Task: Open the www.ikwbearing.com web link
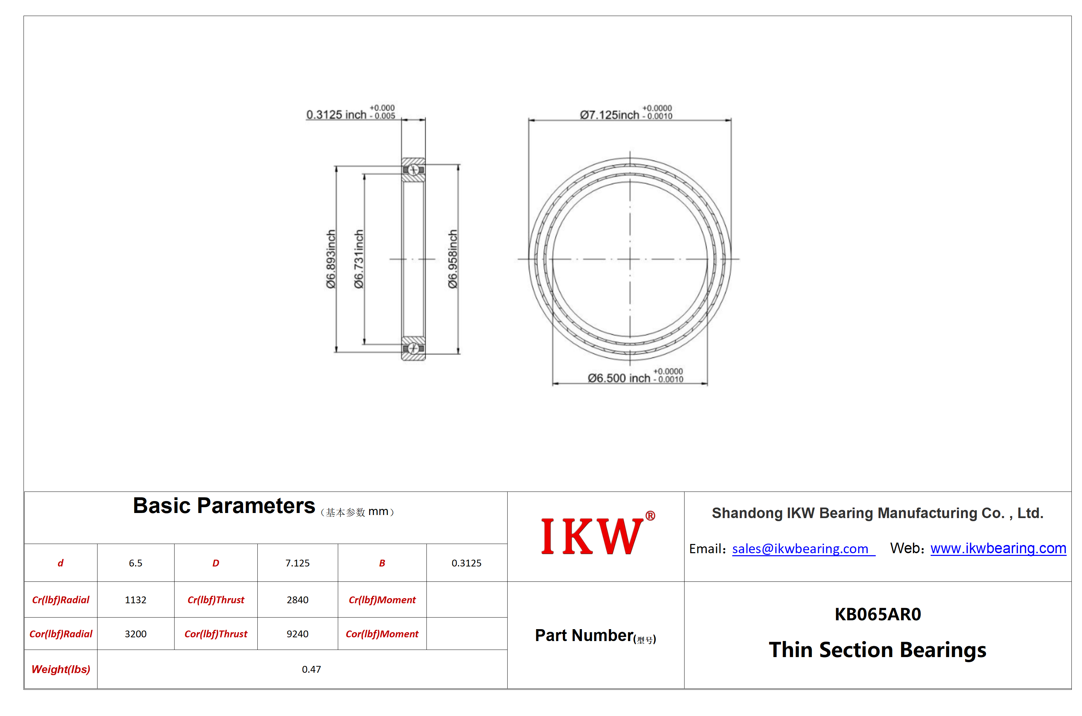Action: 998,548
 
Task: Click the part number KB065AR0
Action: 877,614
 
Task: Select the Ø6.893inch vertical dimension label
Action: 331,259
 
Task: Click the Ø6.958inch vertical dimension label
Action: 452,259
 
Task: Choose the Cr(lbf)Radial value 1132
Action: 136,600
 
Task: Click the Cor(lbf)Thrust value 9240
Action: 298,634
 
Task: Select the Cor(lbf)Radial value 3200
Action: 136,634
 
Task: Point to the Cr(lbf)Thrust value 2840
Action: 298,600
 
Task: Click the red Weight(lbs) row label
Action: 61,669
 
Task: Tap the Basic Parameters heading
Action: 224,506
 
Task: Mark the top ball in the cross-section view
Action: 413,170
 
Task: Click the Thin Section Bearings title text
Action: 877,650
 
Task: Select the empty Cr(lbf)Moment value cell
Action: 467,600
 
